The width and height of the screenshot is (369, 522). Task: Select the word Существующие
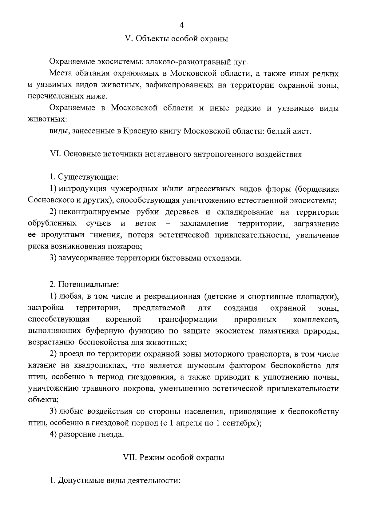click(88, 177)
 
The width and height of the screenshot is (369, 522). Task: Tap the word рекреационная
click(173, 297)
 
